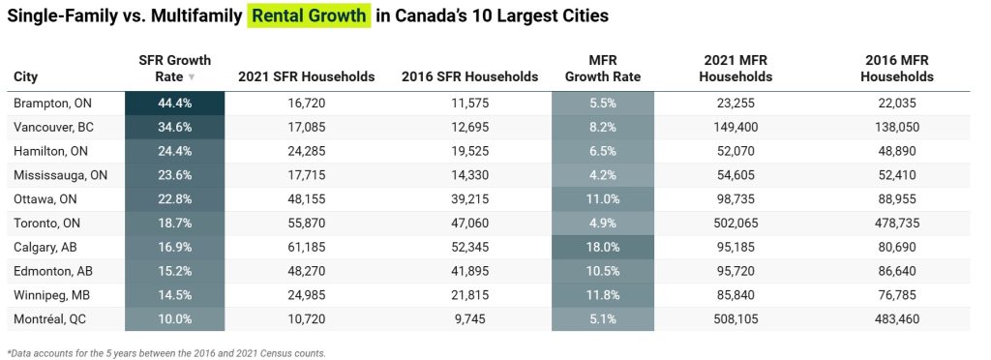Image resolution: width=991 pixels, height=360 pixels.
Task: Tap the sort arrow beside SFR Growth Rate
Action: [x=192, y=77]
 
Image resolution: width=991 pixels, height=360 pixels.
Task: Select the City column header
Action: [x=25, y=77]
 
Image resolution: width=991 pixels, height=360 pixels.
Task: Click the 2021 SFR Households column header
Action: [x=307, y=76]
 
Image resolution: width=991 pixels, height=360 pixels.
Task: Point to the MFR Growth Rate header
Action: [x=602, y=69]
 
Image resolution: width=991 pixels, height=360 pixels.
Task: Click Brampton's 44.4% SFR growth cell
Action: [x=174, y=104]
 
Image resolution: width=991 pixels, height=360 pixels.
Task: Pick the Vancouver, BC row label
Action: [x=54, y=128]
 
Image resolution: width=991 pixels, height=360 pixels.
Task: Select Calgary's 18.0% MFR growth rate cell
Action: [x=602, y=248]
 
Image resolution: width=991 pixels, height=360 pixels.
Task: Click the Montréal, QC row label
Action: [x=50, y=319]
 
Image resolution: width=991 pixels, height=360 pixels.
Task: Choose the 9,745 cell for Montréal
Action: [x=469, y=319]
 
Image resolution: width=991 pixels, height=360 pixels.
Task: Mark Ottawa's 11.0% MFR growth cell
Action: [x=602, y=199]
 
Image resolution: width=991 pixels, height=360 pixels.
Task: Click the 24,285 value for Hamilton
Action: [x=307, y=152]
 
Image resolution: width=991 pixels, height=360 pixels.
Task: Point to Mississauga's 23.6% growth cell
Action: [x=174, y=175]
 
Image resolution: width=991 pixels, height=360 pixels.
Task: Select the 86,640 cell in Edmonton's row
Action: [x=897, y=272]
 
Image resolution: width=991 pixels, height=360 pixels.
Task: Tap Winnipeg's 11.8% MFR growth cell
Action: [x=602, y=295]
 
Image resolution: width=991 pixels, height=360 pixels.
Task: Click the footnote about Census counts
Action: [x=166, y=353]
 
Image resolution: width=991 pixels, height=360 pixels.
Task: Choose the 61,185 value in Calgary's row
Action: [x=307, y=248]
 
